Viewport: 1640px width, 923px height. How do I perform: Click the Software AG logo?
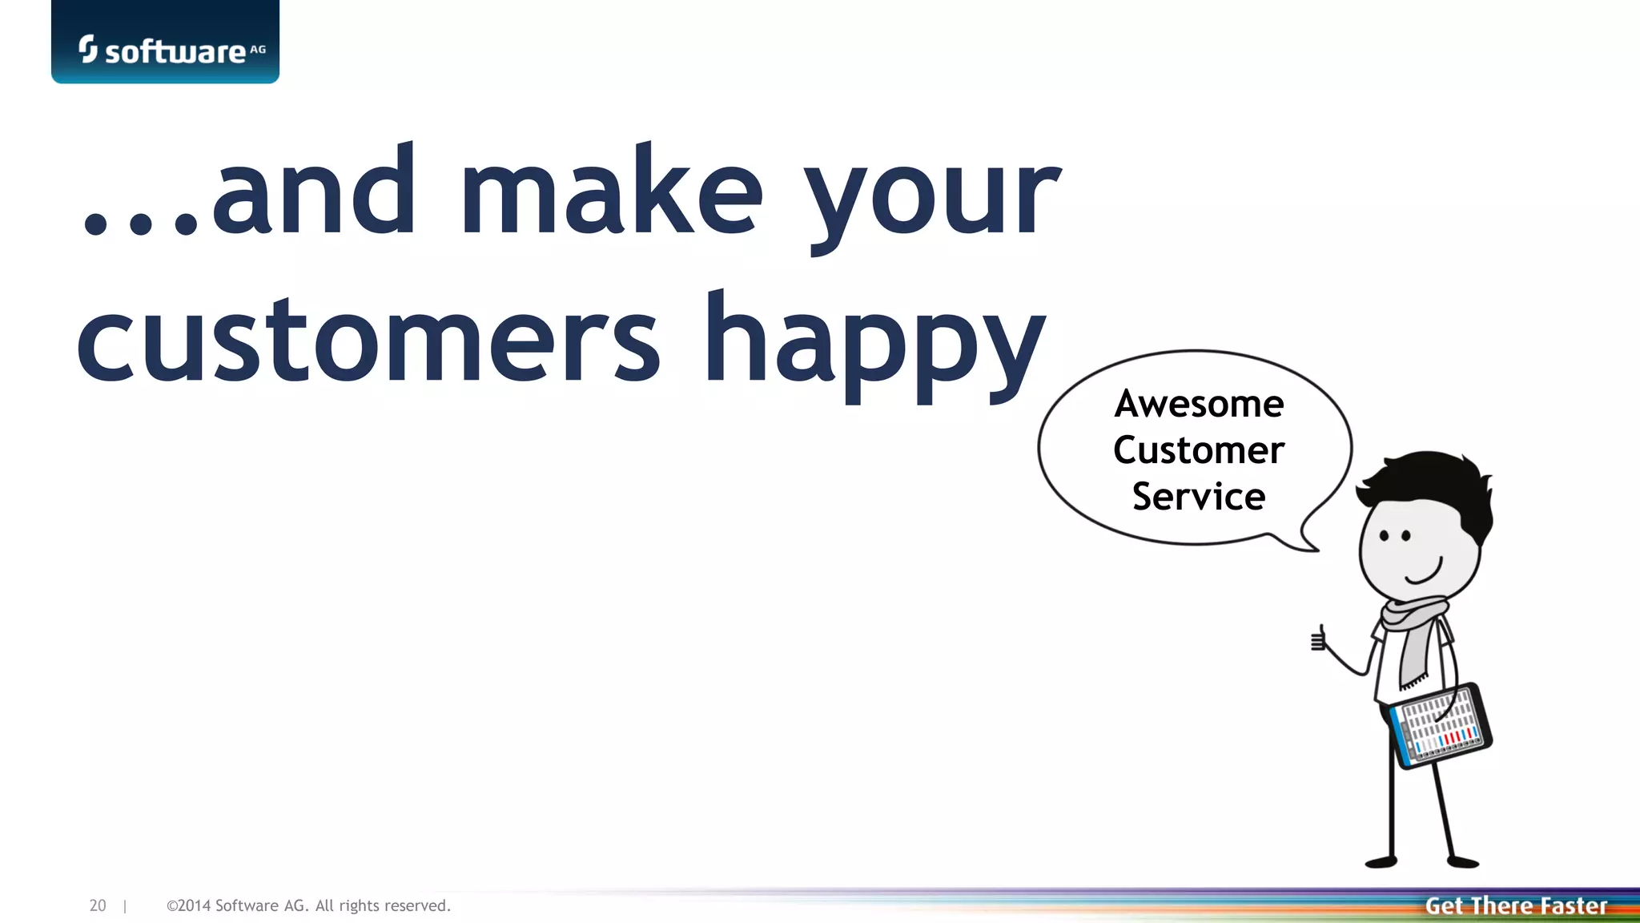pyautogui.click(x=165, y=48)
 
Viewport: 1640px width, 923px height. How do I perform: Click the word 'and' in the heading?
pyautogui.click(x=314, y=192)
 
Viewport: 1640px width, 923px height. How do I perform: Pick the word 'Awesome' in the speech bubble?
pyautogui.click(x=1199, y=404)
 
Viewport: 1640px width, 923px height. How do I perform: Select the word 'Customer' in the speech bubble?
pyautogui.click(x=1199, y=450)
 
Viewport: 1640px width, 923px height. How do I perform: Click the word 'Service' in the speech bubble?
pyautogui.click(x=1199, y=497)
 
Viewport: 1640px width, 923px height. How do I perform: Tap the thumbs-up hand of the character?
pyautogui.click(x=1318, y=640)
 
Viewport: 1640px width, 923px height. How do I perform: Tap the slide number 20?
pyautogui.click(x=98, y=905)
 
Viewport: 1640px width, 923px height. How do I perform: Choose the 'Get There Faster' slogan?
pyautogui.click(x=1516, y=906)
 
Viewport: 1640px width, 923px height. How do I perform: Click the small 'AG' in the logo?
pyautogui.click(x=258, y=49)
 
